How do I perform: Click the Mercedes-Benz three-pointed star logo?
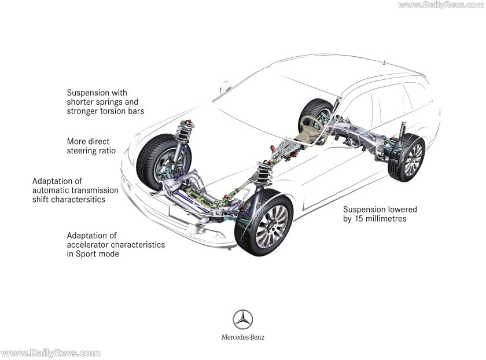(x=242, y=319)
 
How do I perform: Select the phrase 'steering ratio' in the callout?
(x=93, y=150)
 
